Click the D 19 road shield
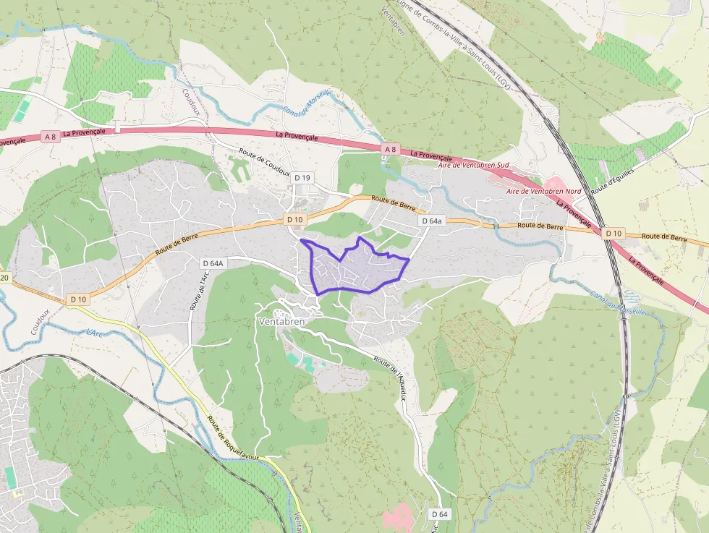click(302, 177)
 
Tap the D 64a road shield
click(430, 220)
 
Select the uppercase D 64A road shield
click(213, 263)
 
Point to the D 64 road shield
click(439, 513)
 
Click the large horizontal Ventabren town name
click(282, 320)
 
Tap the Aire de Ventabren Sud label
click(474, 166)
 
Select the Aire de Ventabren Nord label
click(543, 191)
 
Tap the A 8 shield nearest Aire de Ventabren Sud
click(390, 150)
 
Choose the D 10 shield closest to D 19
click(294, 219)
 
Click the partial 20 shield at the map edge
click(4, 278)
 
